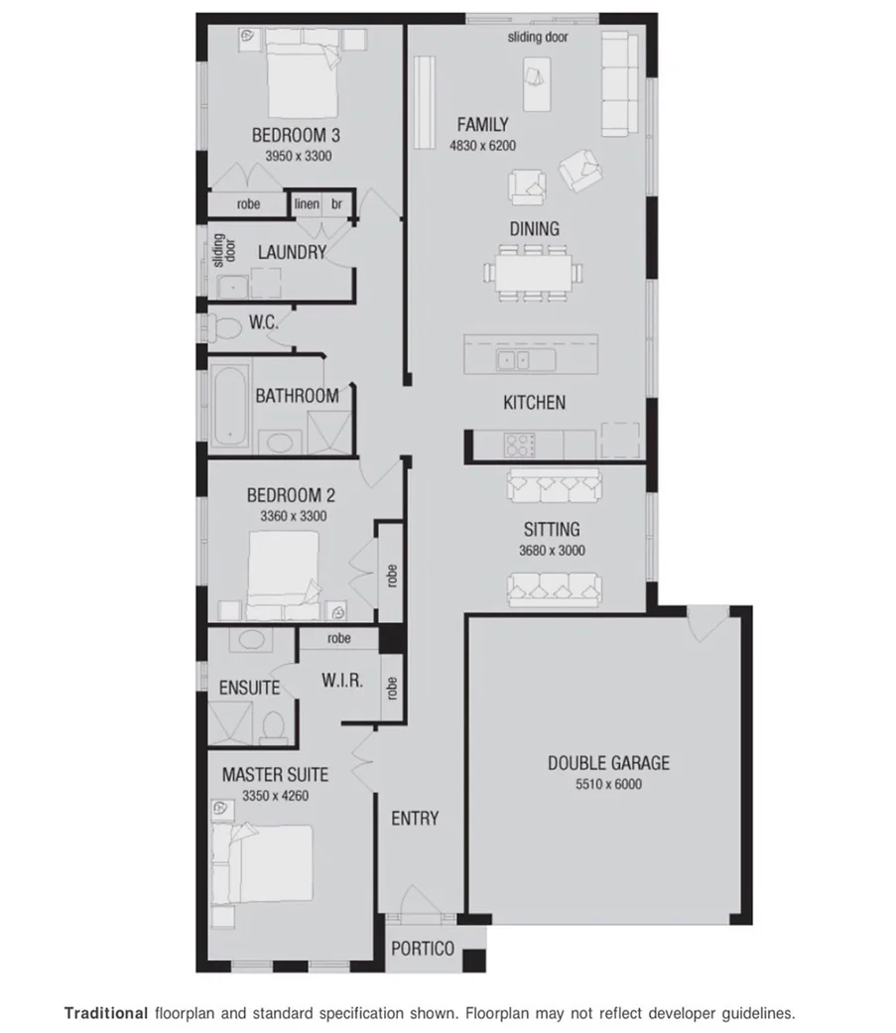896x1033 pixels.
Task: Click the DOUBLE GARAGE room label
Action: [x=608, y=763]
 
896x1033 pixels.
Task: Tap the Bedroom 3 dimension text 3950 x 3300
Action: [x=298, y=157]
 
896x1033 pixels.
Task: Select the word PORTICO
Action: [x=422, y=949]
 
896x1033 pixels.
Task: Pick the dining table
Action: [x=534, y=270]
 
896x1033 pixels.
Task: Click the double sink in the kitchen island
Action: [x=514, y=359]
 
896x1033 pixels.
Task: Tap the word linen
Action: [x=307, y=204]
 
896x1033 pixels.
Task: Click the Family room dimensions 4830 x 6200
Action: [x=481, y=146]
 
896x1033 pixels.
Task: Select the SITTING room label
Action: [x=552, y=530]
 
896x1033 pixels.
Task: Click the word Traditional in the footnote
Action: [x=105, y=1014]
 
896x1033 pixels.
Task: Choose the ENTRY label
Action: [x=415, y=819]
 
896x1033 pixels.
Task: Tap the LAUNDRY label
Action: [x=292, y=253]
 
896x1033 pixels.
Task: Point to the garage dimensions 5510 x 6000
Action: [x=608, y=785]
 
